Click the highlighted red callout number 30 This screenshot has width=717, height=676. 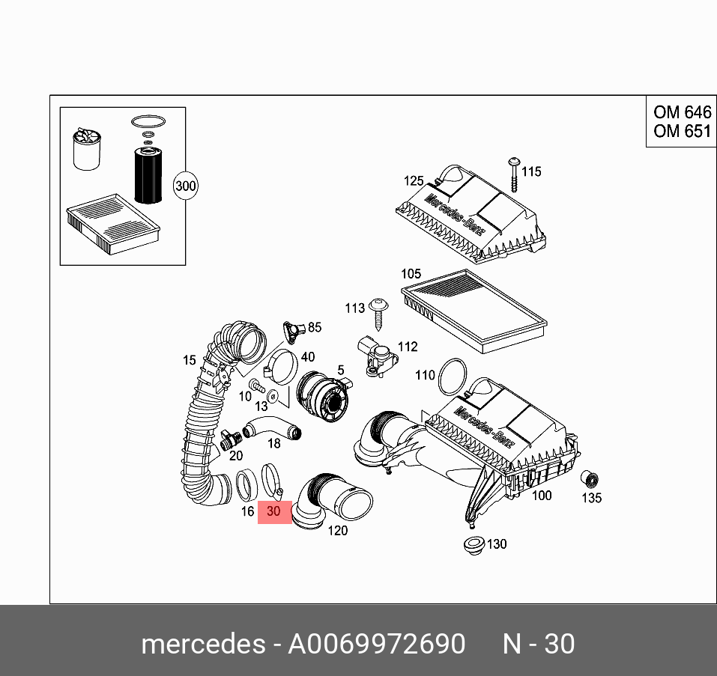click(274, 512)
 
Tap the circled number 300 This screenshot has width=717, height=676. click(185, 186)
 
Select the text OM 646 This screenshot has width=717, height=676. click(681, 113)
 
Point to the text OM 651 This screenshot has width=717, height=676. click(681, 131)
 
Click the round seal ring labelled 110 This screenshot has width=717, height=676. click(452, 376)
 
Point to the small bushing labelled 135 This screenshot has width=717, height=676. click(590, 478)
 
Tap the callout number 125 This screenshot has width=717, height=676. click(414, 180)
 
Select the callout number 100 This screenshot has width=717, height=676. click(541, 495)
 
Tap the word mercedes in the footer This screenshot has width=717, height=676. click(202, 644)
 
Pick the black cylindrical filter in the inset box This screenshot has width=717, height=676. click(148, 174)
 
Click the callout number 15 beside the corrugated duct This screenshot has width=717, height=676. click(189, 361)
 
